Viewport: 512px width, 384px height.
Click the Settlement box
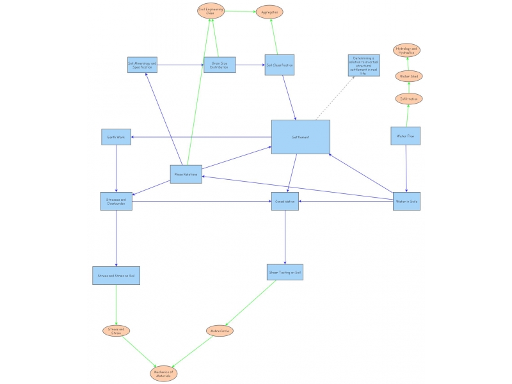click(x=300, y=137)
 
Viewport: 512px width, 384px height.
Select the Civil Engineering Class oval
click(x=210, y=12)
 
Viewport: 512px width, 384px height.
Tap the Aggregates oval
click(x=269, y=12)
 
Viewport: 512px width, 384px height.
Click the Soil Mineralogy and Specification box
click(x=142, y=65)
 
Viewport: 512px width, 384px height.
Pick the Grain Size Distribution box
click(x=220, y=65)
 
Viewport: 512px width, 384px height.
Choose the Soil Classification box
click(x=280, y=65)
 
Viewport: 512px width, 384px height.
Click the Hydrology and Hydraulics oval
click(x=407, y=50)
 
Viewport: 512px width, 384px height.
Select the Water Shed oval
click(x=409, y=76)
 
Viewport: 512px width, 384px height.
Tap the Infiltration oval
click(x=409, y=99)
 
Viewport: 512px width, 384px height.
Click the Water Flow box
click(x=406, y=136)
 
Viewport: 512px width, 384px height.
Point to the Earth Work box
click(x=116, y=137)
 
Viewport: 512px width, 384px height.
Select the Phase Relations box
click(x=186, y=174)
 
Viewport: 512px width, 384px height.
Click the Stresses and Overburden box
click(x=116, y=201)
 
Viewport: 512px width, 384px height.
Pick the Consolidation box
click(x=285, y=202)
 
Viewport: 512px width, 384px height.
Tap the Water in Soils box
click(x=406, y=202)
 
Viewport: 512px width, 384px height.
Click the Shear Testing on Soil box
click(x=285, y=272)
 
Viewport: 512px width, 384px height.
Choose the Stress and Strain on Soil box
click(x=116, y=276)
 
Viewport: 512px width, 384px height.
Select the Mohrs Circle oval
click(x=219, y=331)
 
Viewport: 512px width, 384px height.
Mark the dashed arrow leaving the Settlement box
click(x=334, y=97)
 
